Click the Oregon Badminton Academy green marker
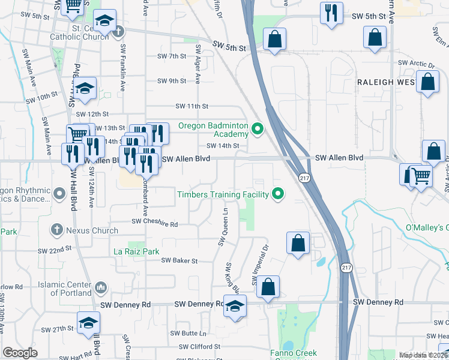tap(258, 128)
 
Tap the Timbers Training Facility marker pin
tap(277, 193)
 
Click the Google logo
tap(20, 353)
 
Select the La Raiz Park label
tap(136, 252)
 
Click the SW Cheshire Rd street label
tap(155, 224)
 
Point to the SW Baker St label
tap(179, 260)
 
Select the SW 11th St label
tap(191, 106)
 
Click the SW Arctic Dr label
tap(415, 62)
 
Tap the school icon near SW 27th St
tap(88, 323)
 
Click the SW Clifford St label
tap(200, 346)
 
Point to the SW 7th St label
tap(172, 56)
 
